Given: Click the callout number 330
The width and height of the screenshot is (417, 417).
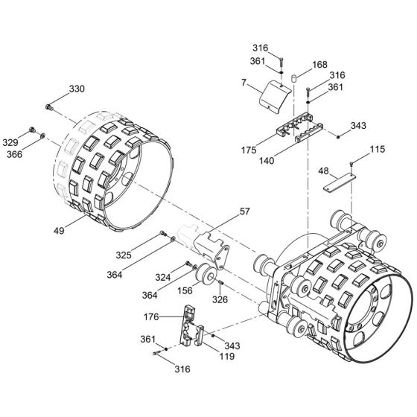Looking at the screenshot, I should coord(77,89).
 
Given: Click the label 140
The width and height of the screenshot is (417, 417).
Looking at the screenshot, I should coord(264,159).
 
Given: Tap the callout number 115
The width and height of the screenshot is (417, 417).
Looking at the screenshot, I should coord(378,150).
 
